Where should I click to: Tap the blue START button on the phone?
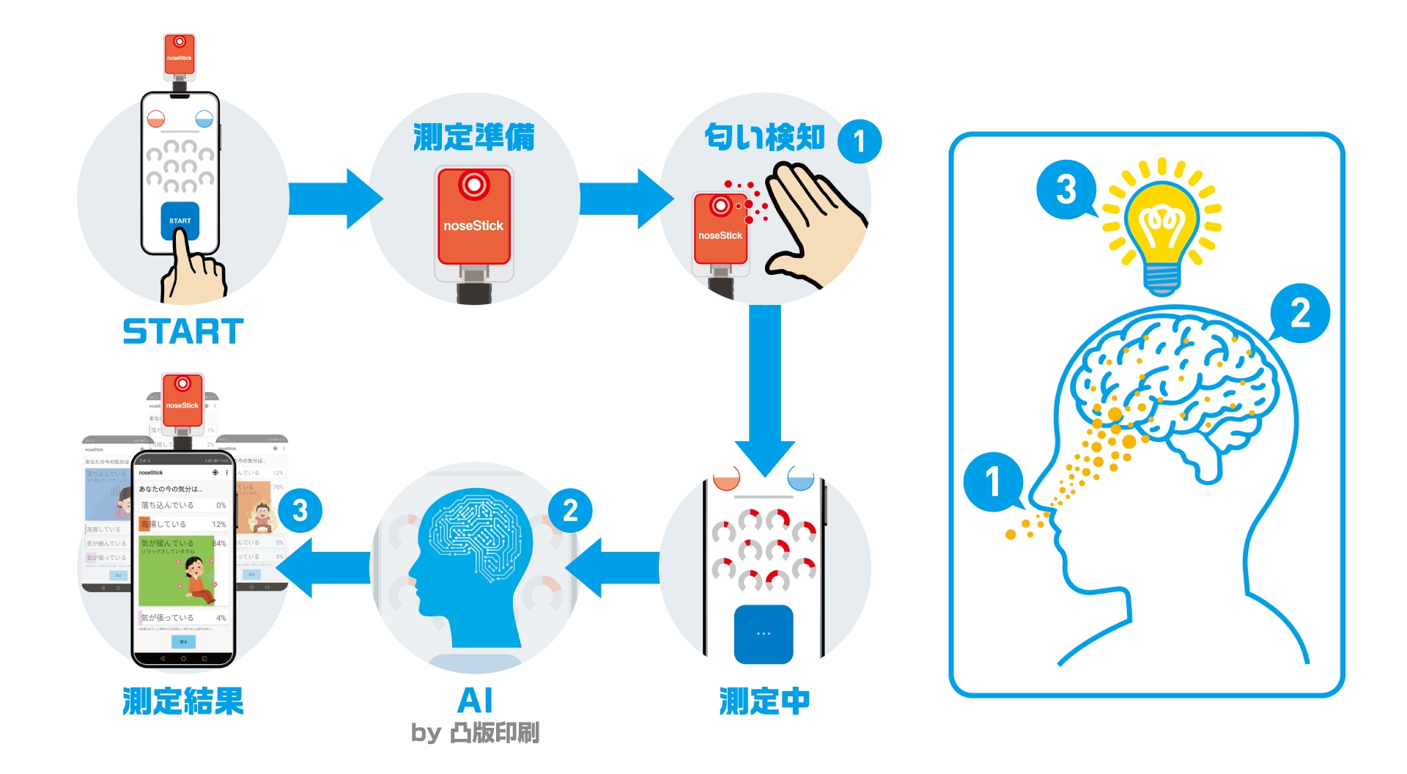180,220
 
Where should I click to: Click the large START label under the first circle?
183,331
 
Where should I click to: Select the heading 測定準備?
473,137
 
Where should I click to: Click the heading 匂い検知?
764,137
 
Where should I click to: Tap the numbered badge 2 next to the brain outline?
1300,313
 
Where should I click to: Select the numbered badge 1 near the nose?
993,482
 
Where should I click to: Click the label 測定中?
764,701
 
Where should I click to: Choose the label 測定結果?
183,701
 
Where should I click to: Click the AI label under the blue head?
475,700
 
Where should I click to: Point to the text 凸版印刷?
495,732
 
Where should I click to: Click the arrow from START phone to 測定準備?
335,199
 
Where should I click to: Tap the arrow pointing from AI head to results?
322,568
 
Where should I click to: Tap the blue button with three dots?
764,633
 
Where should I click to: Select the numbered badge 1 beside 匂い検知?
859,141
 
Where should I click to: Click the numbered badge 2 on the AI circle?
570,511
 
